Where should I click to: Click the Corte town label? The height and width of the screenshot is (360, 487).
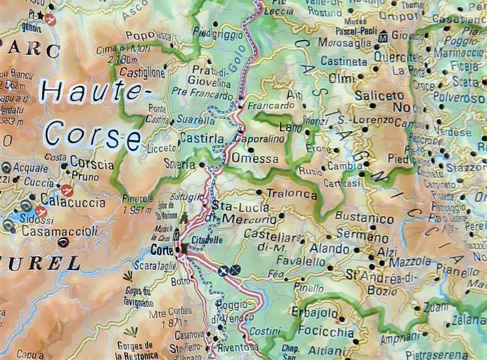[162, 251]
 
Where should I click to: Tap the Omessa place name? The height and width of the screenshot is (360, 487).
[255, 159]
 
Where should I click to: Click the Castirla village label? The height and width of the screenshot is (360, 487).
[202, 138]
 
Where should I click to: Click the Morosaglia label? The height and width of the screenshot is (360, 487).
[345, 43]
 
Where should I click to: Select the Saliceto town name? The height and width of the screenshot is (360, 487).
[379, 96]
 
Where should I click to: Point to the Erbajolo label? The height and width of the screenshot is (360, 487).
[314, 313]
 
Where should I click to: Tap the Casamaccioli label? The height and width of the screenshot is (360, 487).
[59, 231]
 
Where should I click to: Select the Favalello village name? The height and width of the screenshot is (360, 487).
[301, 261]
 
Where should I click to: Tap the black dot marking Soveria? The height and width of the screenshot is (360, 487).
[202, 165]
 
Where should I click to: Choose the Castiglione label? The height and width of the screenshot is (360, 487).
[142, 73]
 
